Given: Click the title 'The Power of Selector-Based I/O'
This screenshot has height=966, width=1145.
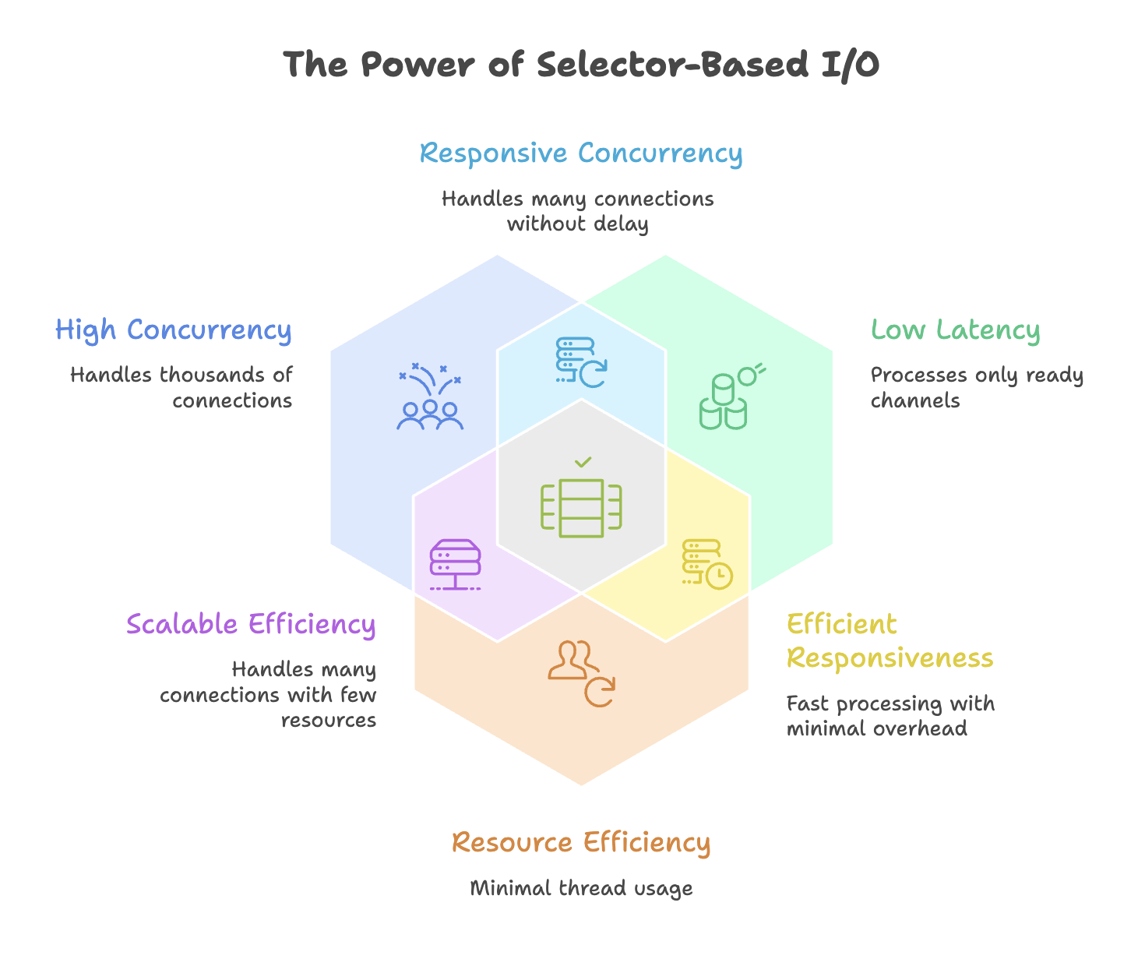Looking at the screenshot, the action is [x=581, y=65].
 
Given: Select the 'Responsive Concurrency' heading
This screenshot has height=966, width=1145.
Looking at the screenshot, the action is [x=581, y=153].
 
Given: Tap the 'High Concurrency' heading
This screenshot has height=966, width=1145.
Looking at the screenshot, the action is [x=173, y=330].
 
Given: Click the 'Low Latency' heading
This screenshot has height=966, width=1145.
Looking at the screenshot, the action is [x=955, y=330].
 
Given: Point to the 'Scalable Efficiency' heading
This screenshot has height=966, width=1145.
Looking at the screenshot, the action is [x=251, y=624].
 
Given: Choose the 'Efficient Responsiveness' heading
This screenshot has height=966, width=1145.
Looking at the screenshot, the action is [x=890, y=641].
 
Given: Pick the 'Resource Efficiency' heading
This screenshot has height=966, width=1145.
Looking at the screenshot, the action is [x=581, y=843].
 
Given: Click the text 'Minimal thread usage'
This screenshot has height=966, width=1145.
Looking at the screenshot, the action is [x=581, y=888].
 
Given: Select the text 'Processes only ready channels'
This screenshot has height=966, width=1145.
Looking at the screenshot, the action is [x=977, y=388].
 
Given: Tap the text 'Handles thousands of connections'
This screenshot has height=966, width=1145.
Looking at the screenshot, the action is [x=181, y=388].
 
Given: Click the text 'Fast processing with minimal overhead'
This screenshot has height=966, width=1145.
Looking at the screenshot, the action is [x=890, y=716].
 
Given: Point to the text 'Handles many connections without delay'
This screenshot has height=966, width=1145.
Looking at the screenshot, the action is [x=578, y=211].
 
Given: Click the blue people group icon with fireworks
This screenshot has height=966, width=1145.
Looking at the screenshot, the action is [x=430, y=396].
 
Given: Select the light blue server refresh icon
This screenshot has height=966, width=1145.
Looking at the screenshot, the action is [x=581, y=362].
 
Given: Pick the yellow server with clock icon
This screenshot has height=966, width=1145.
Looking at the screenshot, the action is [x=707, y=565].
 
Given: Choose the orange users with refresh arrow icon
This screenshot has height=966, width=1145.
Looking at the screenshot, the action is [x=581, y=674].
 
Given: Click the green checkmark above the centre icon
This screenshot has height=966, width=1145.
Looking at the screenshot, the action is [x=583, y=462].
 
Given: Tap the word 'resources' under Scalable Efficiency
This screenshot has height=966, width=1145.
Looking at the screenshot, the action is [x=329, y=721].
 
